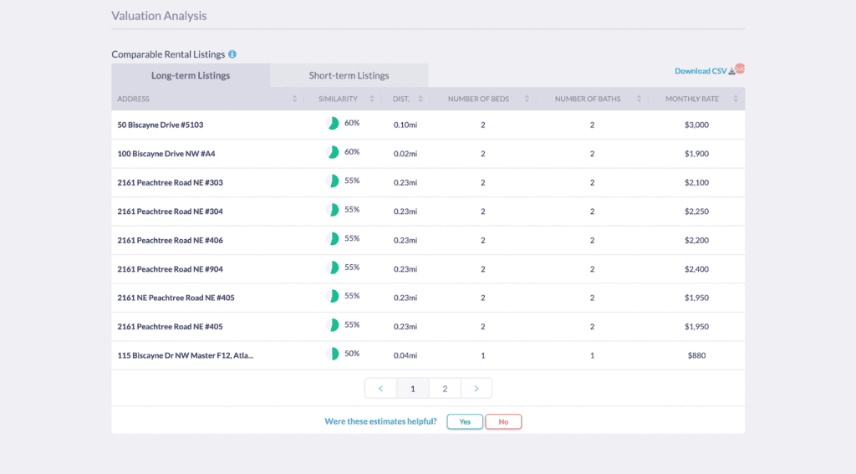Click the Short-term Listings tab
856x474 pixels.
click(349, 75)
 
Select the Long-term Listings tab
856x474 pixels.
click(191, 75)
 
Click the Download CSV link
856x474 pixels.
click(701, 71)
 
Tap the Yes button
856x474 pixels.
click(465, 421)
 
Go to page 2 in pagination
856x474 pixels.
click(445, 388)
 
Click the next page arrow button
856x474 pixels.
click(476, 388)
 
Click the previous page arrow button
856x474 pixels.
click(380, 388)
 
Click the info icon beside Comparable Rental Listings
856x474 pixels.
click(232, 54)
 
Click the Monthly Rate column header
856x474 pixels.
click(692, 99)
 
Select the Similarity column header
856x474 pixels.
click(338, 99)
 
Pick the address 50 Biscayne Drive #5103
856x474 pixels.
click(160, 125)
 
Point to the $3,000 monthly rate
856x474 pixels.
click(696, 125)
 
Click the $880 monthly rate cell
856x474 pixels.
click(696, 355)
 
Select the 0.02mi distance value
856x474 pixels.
click(405, 154)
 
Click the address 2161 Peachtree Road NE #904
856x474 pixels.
click(170, 269)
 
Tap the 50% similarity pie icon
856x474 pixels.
click(333, 354)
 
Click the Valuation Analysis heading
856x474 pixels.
click(159, 16)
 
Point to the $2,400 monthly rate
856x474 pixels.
click(696, 269)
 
